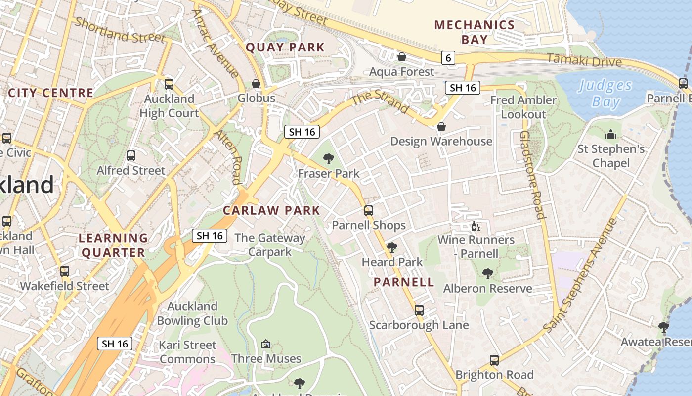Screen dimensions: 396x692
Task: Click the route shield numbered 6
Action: (x=448, y=58)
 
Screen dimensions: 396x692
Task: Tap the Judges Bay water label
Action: (x=605, y=94)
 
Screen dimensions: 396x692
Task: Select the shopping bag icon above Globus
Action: (x=256, y=84)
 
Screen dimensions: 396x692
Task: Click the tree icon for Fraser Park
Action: (x=328, y=159)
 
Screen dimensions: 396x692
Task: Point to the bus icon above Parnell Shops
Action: (x=368, y=211)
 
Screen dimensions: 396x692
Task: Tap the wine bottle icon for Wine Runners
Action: (x=476, y=226)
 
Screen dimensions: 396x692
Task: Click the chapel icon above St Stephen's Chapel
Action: (x=611, y=134)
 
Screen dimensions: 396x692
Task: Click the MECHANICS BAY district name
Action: (x=475, y=32)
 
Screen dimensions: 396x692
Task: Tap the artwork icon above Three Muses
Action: (x=266, y=344)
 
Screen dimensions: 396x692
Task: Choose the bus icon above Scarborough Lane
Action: (x=419, y=310)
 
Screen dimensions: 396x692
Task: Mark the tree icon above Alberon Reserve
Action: (x=488, y=274)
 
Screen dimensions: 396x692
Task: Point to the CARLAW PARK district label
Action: (x=271, y=210)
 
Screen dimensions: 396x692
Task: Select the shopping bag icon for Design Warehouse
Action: (x=441, y=127)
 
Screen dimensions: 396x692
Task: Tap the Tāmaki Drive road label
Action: (x=585, y=60)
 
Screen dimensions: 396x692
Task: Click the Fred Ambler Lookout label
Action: (x=523, y=107)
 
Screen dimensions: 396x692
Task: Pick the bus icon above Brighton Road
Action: (x=494, y=360)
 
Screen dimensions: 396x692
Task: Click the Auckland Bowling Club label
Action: (x=192, y=313)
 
